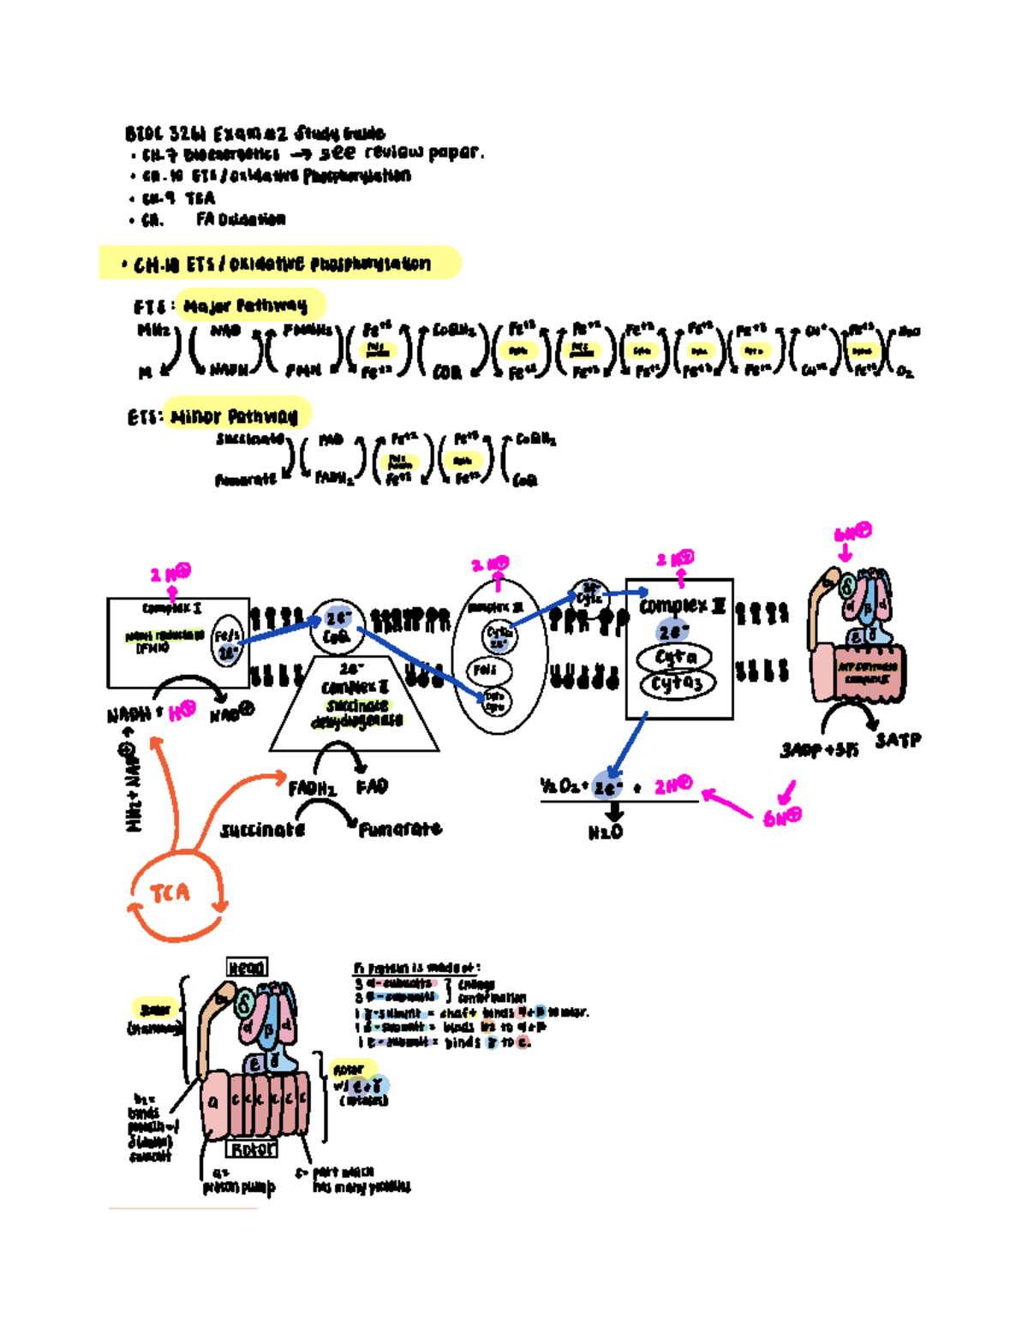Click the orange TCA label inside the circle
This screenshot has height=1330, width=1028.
click(x=170, y=893)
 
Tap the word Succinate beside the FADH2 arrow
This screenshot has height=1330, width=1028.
click(x=262, y=830)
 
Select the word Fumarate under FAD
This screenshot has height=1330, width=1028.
click(x=400, y=829)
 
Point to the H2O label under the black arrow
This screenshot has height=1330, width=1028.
click(x=606, y=832)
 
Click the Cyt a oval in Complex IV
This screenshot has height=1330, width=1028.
click(x=675, y=658)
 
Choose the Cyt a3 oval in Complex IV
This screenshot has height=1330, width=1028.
click(x=677, y=683)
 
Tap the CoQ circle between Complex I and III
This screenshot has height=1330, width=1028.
click(x=337, y=627)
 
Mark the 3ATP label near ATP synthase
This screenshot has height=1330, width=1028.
click(x=898, y=740)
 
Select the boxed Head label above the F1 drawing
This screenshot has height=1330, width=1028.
click(x=247, y=967)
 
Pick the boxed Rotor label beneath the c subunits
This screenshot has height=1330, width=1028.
click(x=253, y=1148)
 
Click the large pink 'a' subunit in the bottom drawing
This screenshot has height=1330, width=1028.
click(x=213, y=1102)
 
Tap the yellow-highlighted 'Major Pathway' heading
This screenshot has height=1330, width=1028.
click(x=246, y=306)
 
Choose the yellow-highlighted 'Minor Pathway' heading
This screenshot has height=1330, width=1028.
click(x=234, y=417)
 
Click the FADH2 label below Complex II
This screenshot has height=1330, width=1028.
click(x=313, y=788)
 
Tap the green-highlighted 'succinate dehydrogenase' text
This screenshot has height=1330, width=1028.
click(x=357, y=713)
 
